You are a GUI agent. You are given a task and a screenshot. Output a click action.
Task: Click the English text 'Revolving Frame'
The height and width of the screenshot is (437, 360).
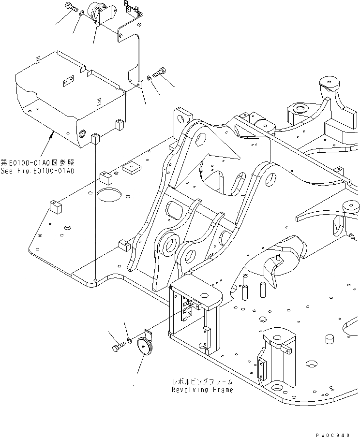pyautogui.click(x=202, y=390)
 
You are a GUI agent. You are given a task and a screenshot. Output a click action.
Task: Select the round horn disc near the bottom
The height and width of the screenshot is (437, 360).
pyautogui.click(x=144, y=347)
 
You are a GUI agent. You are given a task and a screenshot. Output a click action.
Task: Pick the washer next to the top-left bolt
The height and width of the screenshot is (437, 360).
pyautogui.click(x=80, y=15)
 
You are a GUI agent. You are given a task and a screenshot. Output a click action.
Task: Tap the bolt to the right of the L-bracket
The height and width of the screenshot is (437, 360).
pyautogui.click(x=159, y=73)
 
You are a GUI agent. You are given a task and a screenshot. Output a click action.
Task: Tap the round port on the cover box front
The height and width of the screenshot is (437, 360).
pyautogui.click(x=83, y=133)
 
